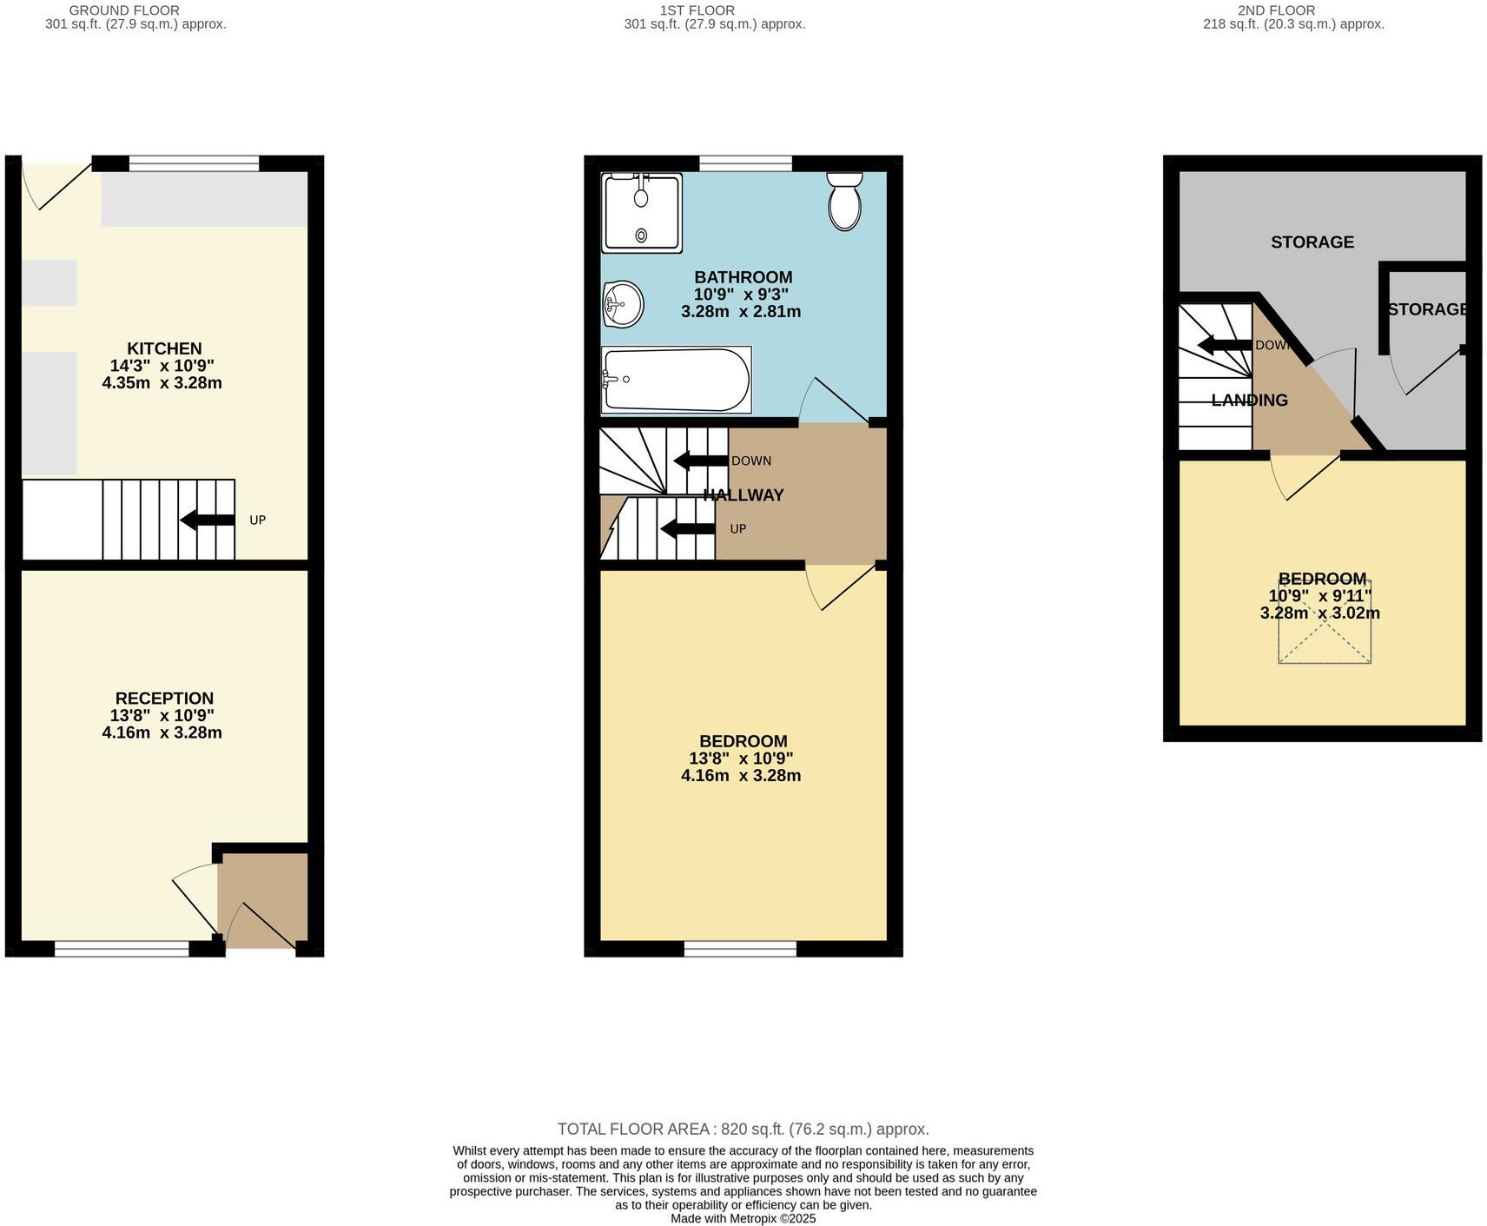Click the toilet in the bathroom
click(844, 201)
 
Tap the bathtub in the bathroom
click(676, 380)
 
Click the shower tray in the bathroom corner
click(642, 213)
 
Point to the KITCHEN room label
click(164, 348)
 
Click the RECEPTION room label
click(164, 699)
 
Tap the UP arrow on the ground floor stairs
click(208, 520)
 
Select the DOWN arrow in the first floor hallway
click(701, 461)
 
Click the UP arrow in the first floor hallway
click(688, 528)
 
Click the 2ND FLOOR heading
click(1276, 10)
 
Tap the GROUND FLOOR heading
click(124, 10)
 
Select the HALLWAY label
click(743, 495)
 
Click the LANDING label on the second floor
click(1249, 401)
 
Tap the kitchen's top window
click(194, 163)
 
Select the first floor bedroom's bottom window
click(740, 949)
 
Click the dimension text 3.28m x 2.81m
click(741, 311)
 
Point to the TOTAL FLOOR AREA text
click(743, 1130)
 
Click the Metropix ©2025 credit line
click(743, 1219)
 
